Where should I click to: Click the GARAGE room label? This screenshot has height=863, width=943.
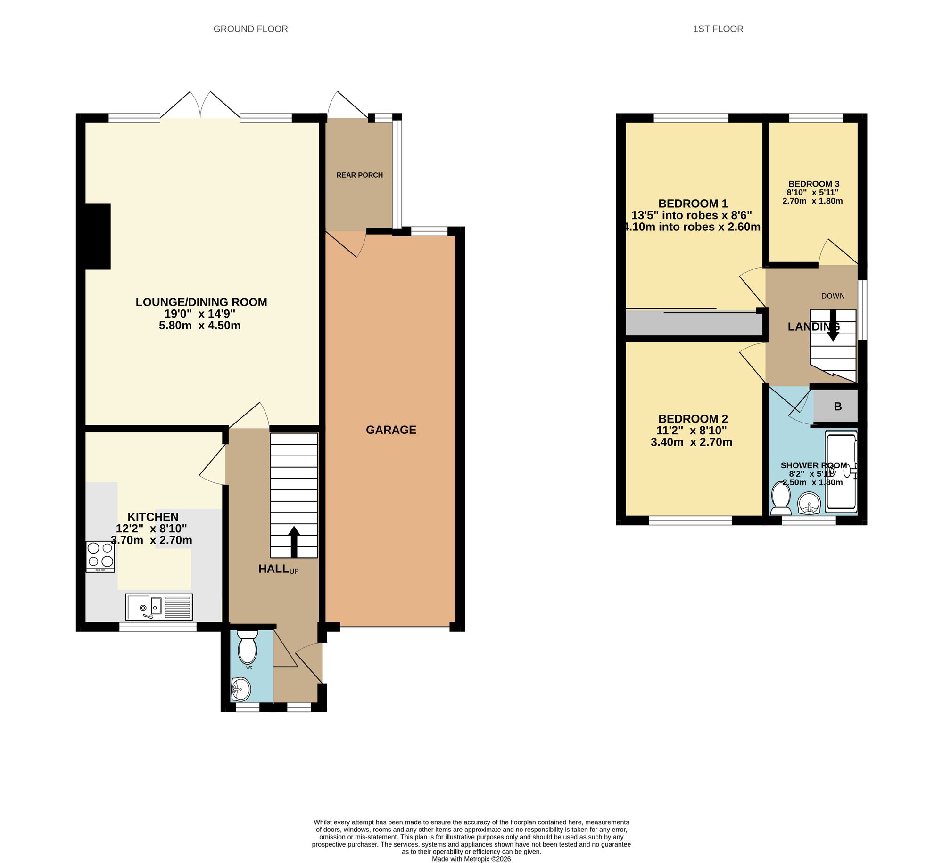pyautogui.click(x=391, y=430)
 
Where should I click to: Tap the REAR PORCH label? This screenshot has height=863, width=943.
pyautogui.click(x=359, y=175)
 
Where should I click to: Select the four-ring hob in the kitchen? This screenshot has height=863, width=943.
pyautogui.click(x=100, y=556)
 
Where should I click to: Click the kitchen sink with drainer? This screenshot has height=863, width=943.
pyautogui.click(x=159, y=607)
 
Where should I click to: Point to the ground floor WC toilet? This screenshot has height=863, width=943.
pyautogui.click(x=248, y=647)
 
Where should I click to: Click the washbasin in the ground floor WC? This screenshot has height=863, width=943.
pyautogui.click(x=241, y=690)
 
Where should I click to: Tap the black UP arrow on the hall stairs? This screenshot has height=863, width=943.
pyautogui.click(x=294, y=542)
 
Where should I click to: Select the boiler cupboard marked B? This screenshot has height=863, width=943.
pyautogui.click(x=837, y=407)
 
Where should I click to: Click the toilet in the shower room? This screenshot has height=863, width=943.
pyautogui.click(x=781, y=500)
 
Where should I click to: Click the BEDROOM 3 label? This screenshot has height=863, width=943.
pyautogui.click(x=813, y=184)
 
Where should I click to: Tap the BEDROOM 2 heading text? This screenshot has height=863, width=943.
pyautogui.click(x=693, y=419)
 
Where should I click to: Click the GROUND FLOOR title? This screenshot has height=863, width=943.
pyautogui.click(x=250, y=29)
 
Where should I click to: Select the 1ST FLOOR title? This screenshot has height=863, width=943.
pyautogui.click(x=718, y=29)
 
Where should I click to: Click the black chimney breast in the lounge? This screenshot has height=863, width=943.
pyautogui.click(x=98, y=236)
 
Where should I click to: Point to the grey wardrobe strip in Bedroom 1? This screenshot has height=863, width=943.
pyautogui.click(x=693, y=324)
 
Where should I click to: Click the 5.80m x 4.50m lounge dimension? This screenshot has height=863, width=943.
pyautogui.click(x=200, y=326)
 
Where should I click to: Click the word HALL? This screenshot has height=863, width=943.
pyautogui.click(x=273, y=569)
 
